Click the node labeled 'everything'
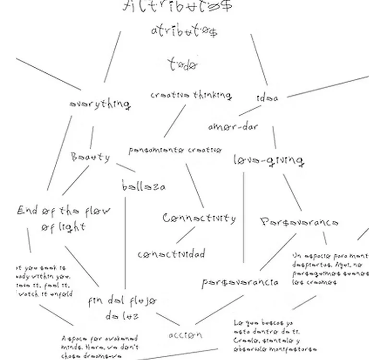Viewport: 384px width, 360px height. [x=100, y=104]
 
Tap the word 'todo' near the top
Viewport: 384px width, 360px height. [x=182, y=65]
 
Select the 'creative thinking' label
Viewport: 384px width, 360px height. [x=191, y=95]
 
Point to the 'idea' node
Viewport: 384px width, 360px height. [x=267, y=97]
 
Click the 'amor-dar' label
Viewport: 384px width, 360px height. [x=233, y=127]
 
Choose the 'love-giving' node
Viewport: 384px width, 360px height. [x=269, y=160]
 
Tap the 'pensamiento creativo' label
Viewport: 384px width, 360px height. [x=175, y=150]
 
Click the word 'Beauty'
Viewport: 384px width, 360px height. [x=90, y=157]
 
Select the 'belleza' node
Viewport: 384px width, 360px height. [x=143, y=187]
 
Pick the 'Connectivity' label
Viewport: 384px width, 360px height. [x=199, y=218]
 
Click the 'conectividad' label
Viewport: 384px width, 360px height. [x=171, y=254]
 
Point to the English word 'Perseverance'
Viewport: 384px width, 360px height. [x=299, y=222]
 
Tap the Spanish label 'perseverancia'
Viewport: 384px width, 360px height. [x=240, y=282]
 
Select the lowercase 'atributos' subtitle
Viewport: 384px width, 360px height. [x=184, y=32]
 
